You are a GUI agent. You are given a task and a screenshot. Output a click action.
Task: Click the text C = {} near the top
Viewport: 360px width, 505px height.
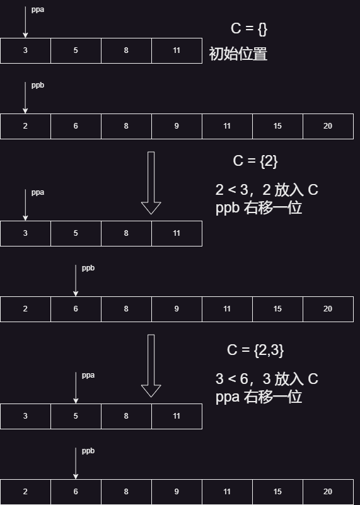(x=249, y=28)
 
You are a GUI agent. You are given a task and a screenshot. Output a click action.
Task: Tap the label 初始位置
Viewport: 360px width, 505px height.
(x=238, y=54)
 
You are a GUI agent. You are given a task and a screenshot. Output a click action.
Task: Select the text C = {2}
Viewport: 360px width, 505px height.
(x=255, y=161)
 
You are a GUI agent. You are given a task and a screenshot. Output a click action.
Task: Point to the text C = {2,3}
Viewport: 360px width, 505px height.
(x=255, y=350)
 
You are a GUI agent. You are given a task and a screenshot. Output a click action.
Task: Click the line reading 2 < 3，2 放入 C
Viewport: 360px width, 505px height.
(x=267, y=190)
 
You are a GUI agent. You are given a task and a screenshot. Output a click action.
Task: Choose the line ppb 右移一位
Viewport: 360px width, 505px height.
(x=258, y=207)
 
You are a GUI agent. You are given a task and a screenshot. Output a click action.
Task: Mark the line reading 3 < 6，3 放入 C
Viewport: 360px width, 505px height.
(x=267, y=379)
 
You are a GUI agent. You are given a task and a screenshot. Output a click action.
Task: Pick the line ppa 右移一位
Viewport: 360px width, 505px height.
(x=258, y=397)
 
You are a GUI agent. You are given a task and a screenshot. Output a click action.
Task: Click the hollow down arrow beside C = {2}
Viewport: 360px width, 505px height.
(x=151, y=183)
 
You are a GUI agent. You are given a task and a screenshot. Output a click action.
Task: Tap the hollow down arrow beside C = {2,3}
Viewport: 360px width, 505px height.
(x=151, y=366)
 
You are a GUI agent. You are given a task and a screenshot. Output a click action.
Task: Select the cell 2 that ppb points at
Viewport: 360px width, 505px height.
(x=25, y=126)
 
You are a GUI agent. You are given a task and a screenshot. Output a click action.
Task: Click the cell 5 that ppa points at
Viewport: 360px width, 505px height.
(x=76, y=416)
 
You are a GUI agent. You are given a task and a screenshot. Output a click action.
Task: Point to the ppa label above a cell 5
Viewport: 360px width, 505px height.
(x=88, y=376)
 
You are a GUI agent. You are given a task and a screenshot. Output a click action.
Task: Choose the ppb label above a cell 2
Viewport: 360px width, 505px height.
(x=38, y=85)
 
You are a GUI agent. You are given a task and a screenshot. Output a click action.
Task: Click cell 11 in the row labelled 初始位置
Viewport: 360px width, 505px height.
(x=177, y=50)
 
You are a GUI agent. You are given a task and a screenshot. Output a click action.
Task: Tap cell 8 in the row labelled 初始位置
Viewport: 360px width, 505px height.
(x=126, y=50)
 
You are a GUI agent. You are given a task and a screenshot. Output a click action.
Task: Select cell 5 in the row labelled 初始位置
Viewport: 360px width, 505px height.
(x=76, y=50)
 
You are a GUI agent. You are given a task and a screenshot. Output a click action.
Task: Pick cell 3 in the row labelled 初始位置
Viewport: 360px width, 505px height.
(x=25, y=50)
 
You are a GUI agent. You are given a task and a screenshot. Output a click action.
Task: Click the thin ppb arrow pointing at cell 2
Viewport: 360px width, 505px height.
(x=25, y=98)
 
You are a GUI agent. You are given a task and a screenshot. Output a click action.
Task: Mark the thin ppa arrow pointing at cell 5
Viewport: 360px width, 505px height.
(x=76, y=388)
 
